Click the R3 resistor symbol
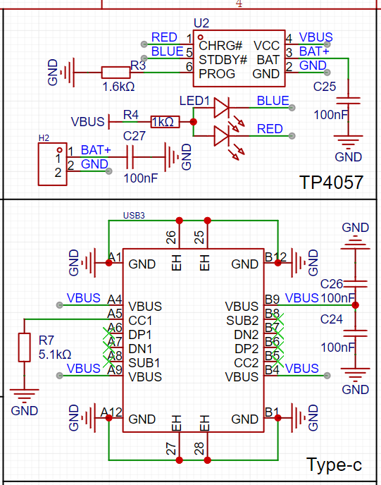[x=116, y=73]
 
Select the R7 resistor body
[x=25, y=347]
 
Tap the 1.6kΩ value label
[x=118, y=87]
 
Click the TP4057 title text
[x=331, y=183]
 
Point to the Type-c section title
[x=334, y=465]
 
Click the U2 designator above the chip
[x=201, y=23]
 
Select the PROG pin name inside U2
[x=217, y=74]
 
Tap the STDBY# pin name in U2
[x=223, y=60]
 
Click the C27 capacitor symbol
[x=130, y=157]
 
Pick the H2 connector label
[x=44, y=138]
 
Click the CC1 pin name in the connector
[x=141, y=321]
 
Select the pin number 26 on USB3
[x=171, y=238]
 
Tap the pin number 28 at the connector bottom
[x=199, y=448]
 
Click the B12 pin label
[x=275, y=257]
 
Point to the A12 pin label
[x=111, y=412]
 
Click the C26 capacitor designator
[x=332, y=284]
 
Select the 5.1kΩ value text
[x=55, y=355]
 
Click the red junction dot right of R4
[x=194, y=122]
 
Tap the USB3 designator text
[x=134, y=216]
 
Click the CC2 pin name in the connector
[x=246, y=363]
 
